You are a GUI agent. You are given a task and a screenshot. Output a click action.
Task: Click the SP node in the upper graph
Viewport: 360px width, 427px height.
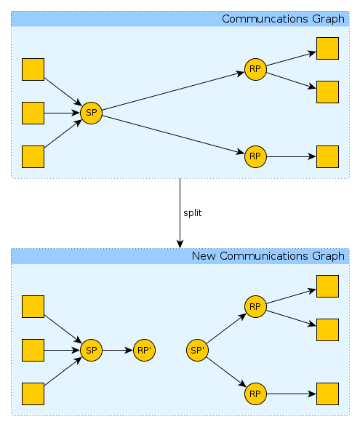click(91, 113)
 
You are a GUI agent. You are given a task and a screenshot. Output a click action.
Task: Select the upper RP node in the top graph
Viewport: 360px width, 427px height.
click(255, 69)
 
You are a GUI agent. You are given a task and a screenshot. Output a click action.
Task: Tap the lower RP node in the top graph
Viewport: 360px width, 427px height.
click(255, 156)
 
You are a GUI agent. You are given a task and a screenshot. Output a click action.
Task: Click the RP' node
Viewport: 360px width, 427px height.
click(144, 350)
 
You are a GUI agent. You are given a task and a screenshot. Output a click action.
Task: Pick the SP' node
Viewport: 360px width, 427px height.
click(197, 350)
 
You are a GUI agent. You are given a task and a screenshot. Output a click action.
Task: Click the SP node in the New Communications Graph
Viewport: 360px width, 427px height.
click(91, 350)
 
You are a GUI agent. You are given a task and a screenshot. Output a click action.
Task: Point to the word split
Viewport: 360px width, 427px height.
click(193, 213)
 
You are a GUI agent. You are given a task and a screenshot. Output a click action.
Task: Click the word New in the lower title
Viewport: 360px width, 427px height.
click(204, 256)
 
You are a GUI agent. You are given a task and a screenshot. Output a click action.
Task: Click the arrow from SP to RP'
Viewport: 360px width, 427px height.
click(118, 350)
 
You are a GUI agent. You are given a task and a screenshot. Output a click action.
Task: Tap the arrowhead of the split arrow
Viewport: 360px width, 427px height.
click(180, 244)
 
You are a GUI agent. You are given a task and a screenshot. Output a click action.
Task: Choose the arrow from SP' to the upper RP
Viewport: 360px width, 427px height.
click(226, 328)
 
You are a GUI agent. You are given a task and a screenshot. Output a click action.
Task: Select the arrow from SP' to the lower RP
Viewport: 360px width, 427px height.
click(226, 372)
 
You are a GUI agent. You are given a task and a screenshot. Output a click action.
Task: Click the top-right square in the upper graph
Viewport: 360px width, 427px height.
click(327, 49)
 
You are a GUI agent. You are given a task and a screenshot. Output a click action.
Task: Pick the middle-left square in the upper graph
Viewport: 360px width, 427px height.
click(33, 113)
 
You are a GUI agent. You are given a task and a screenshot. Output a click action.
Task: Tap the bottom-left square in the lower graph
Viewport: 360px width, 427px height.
click(33, 394)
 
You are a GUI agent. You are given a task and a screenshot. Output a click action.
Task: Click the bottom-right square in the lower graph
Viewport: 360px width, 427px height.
click(327, 394)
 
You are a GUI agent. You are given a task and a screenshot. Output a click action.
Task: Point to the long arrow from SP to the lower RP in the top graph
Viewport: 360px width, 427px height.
click(174, 135)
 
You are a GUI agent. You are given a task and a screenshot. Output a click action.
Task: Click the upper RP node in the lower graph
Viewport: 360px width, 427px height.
click(255, 307)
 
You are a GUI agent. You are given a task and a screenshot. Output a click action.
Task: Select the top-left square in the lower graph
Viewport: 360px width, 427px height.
click(33, 307)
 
